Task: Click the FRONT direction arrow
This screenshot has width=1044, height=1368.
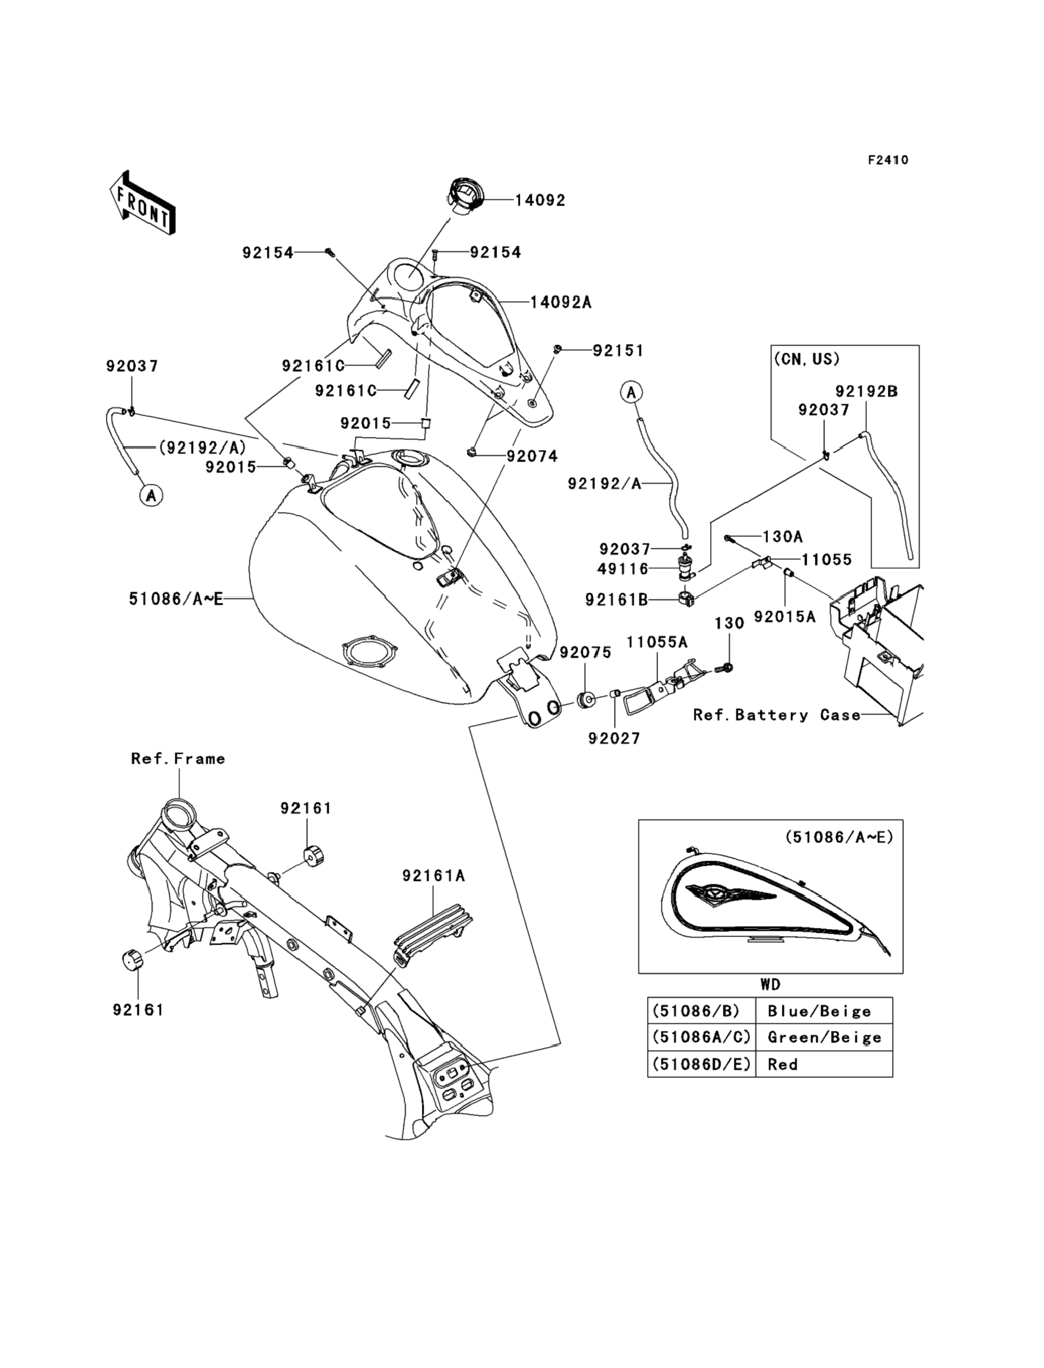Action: point(142,203)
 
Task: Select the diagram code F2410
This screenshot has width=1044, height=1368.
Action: point(888,160)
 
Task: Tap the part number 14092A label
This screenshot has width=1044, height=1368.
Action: point(561,303)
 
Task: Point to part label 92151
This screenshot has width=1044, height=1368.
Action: point(617,351)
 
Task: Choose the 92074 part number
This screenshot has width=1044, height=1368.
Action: point(532,456)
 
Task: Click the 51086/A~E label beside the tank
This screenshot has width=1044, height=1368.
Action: point(176,599)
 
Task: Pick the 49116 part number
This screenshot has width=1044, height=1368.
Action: point(623,568)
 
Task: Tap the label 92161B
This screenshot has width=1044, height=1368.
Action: point(616,599)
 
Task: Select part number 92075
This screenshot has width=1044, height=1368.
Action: point(586,652)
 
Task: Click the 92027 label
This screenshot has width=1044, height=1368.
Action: point(614,738)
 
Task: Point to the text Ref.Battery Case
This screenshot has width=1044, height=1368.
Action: point(777,715)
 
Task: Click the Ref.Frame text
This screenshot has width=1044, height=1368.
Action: point(178,759)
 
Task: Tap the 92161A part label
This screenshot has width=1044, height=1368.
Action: point(433,876)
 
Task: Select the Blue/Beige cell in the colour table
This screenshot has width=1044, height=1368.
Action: point(818,1012)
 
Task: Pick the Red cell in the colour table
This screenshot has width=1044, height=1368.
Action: point(782,1064)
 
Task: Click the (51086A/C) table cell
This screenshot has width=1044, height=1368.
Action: point(700,1037)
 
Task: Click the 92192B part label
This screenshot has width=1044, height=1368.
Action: point(866,392)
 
